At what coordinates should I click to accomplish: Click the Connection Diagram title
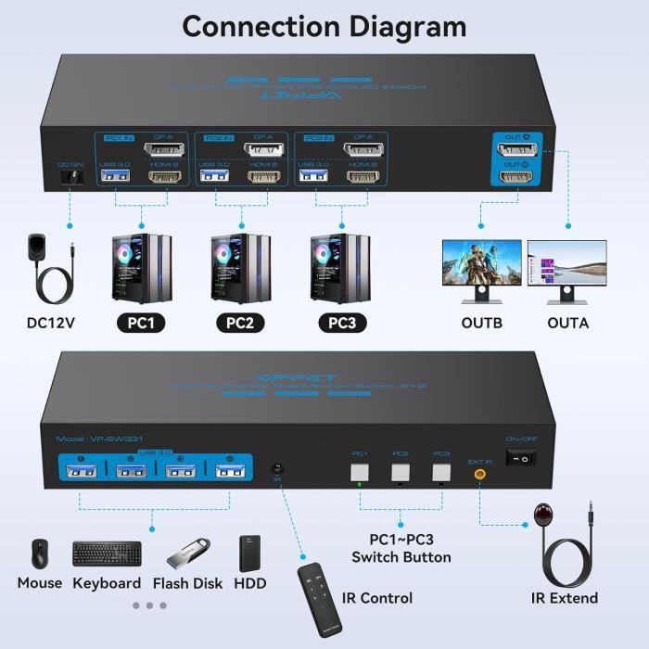pyautogui.click(x=324, y=26)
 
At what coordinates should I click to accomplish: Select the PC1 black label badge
pyautogui.click(x=141, y=324)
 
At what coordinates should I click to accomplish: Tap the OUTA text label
pyautogui.click(x=568, y=324)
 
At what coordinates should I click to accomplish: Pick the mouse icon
pyautogui.click(x=40, y=553)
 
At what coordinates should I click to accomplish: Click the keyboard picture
pyautogui.click(x=107, y=554)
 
